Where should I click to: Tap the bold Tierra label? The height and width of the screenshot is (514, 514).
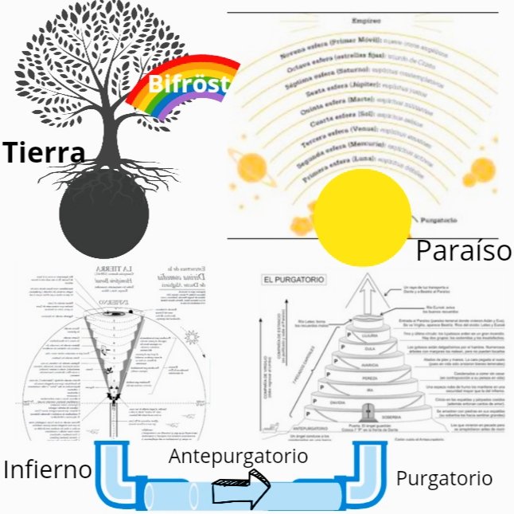[x=43, y=152]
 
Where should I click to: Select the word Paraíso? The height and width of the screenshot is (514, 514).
[x=463, y=251]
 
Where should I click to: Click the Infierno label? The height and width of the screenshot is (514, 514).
[x=48, y=469]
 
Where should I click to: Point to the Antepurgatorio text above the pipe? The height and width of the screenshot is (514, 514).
[x=239, y=457]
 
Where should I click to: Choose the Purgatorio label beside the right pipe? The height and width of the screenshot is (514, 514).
[x=444, y=479]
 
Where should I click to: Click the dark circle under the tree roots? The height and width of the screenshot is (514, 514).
[x=103, y=213]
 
